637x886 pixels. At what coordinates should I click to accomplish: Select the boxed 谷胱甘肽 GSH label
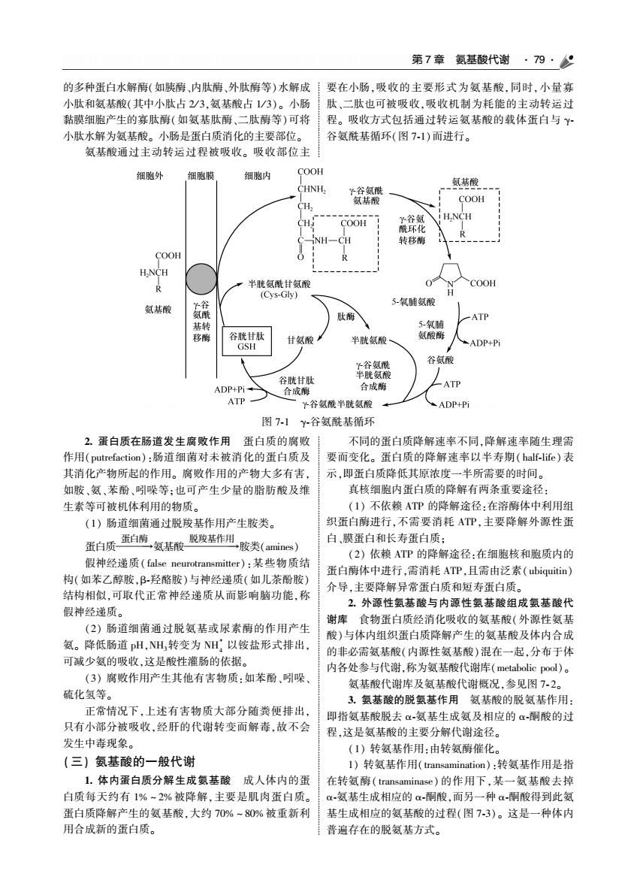(x=247, y=340)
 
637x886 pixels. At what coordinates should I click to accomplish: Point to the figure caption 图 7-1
(x=276, y=422)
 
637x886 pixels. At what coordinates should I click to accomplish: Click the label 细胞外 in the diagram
(x=149, y=177)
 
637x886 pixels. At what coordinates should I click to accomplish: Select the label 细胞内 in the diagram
(x=257, y=177)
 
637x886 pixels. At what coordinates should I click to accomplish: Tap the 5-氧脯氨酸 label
(x=414, y=302)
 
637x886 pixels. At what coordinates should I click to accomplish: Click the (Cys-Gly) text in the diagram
(x=279, y=295)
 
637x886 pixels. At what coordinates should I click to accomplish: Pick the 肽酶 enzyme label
(x=346, y=317)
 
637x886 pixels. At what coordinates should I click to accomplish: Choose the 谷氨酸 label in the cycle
(x=440, y=360)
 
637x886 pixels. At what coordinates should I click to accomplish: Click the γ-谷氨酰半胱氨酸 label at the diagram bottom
(x=337, y=404)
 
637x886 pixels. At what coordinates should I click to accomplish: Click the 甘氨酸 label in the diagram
(x=300, y=340)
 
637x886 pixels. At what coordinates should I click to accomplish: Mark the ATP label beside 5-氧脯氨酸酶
(x=480, y=317)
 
